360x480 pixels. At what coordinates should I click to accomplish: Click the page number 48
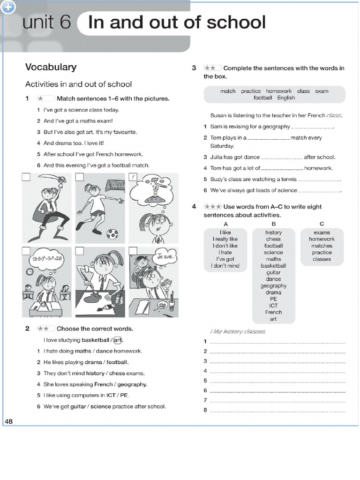point(9,421)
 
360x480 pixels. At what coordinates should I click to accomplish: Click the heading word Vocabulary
point(51,67)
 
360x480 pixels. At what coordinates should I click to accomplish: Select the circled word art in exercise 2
point(119,340)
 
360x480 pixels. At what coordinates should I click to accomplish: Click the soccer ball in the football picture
point(112,233)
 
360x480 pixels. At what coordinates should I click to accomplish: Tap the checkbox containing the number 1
point(133,177)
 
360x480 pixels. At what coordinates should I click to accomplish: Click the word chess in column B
point(273,239)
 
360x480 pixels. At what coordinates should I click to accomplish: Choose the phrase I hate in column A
point(225,252)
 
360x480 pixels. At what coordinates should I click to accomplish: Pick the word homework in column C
point(322,239)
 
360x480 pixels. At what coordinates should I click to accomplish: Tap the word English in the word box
point(286,98)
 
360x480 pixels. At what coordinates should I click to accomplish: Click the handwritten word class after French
point(334,115)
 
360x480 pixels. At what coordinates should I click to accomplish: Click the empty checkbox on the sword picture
point(26,177)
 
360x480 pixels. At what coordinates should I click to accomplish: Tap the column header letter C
point(322,224)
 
